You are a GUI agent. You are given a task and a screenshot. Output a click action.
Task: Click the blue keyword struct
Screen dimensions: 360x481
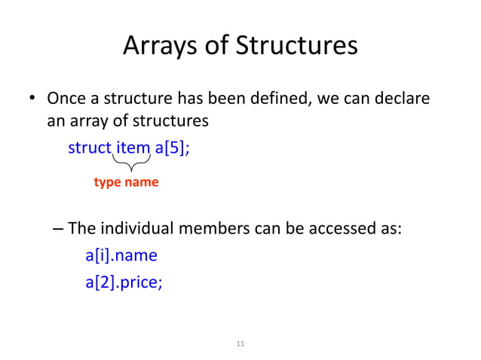[90, 147]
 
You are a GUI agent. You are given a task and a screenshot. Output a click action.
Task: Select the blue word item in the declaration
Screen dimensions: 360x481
[133, 147]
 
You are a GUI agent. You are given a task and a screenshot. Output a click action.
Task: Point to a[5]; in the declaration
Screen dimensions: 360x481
[173, 147]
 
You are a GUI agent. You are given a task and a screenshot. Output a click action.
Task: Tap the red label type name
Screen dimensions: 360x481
[126, 182]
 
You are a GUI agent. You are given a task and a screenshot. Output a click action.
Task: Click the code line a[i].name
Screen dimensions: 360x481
[121, 255]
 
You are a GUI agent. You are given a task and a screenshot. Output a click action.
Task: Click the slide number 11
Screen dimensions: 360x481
[240, 344]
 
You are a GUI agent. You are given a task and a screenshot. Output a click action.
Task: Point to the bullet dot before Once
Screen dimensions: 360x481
[33, 99]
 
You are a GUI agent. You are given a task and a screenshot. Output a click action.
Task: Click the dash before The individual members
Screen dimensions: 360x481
[60, 228]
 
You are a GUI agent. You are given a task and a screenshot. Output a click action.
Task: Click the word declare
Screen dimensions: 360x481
[404, 99]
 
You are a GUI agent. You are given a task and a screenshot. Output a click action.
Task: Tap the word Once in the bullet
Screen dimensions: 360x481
[66, 99]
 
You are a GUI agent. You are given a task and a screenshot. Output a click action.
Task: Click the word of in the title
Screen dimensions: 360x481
[219, 47]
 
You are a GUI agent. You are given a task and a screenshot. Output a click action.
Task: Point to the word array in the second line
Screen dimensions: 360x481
[87, 120]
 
